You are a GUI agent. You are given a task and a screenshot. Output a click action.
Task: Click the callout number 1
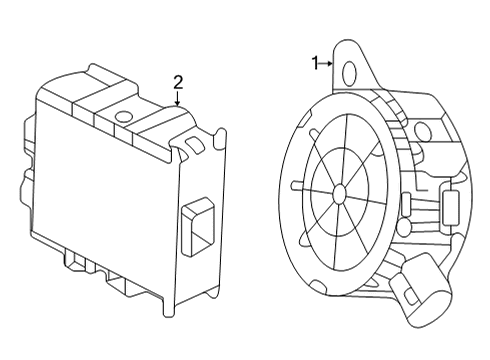tap(315, 63)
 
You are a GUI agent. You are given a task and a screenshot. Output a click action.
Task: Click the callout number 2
tap(178, 81)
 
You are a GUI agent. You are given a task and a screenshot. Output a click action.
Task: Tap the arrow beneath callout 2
tap(178, 98)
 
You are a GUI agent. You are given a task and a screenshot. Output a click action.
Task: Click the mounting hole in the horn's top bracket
tap(349, 71)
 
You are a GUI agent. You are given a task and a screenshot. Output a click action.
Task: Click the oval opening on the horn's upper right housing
tap(420, 130)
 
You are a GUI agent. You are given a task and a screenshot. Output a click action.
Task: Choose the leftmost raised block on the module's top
tap(106, 80)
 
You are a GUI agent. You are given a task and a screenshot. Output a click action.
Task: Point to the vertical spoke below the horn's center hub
tap(339, 227)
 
